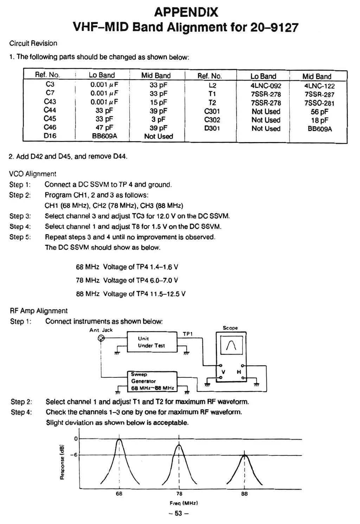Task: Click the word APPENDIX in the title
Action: pos(186,12)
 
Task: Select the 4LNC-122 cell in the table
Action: pos(319,86)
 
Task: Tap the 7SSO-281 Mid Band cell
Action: pos(319,103)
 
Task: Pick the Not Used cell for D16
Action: pos(159,136)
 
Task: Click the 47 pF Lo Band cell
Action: pos(104,128)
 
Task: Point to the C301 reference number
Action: pos(212,111)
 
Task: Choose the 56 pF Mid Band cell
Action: pos(319,112)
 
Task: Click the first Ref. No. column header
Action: pos(47,75)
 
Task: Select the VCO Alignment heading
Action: pos(33,174)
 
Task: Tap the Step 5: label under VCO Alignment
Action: pos(20,237)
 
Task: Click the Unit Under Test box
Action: pos(152,342)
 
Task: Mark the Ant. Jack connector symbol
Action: pos(101,338)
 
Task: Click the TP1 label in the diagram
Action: pos(188,334)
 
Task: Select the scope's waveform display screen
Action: pos(231,344)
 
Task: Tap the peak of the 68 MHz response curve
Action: pos(120,440)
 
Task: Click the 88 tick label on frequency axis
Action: pos(244,494)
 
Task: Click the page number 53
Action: pos(179,513)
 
